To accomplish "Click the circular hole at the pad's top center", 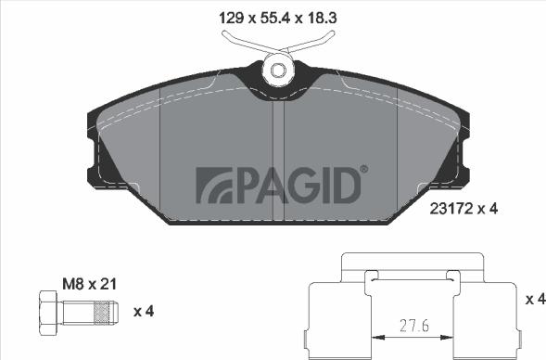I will click(277, 70).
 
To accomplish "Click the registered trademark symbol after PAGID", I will click(362, 169).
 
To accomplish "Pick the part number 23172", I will click(451, 209).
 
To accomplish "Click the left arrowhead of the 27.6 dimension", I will click(375, 337).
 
